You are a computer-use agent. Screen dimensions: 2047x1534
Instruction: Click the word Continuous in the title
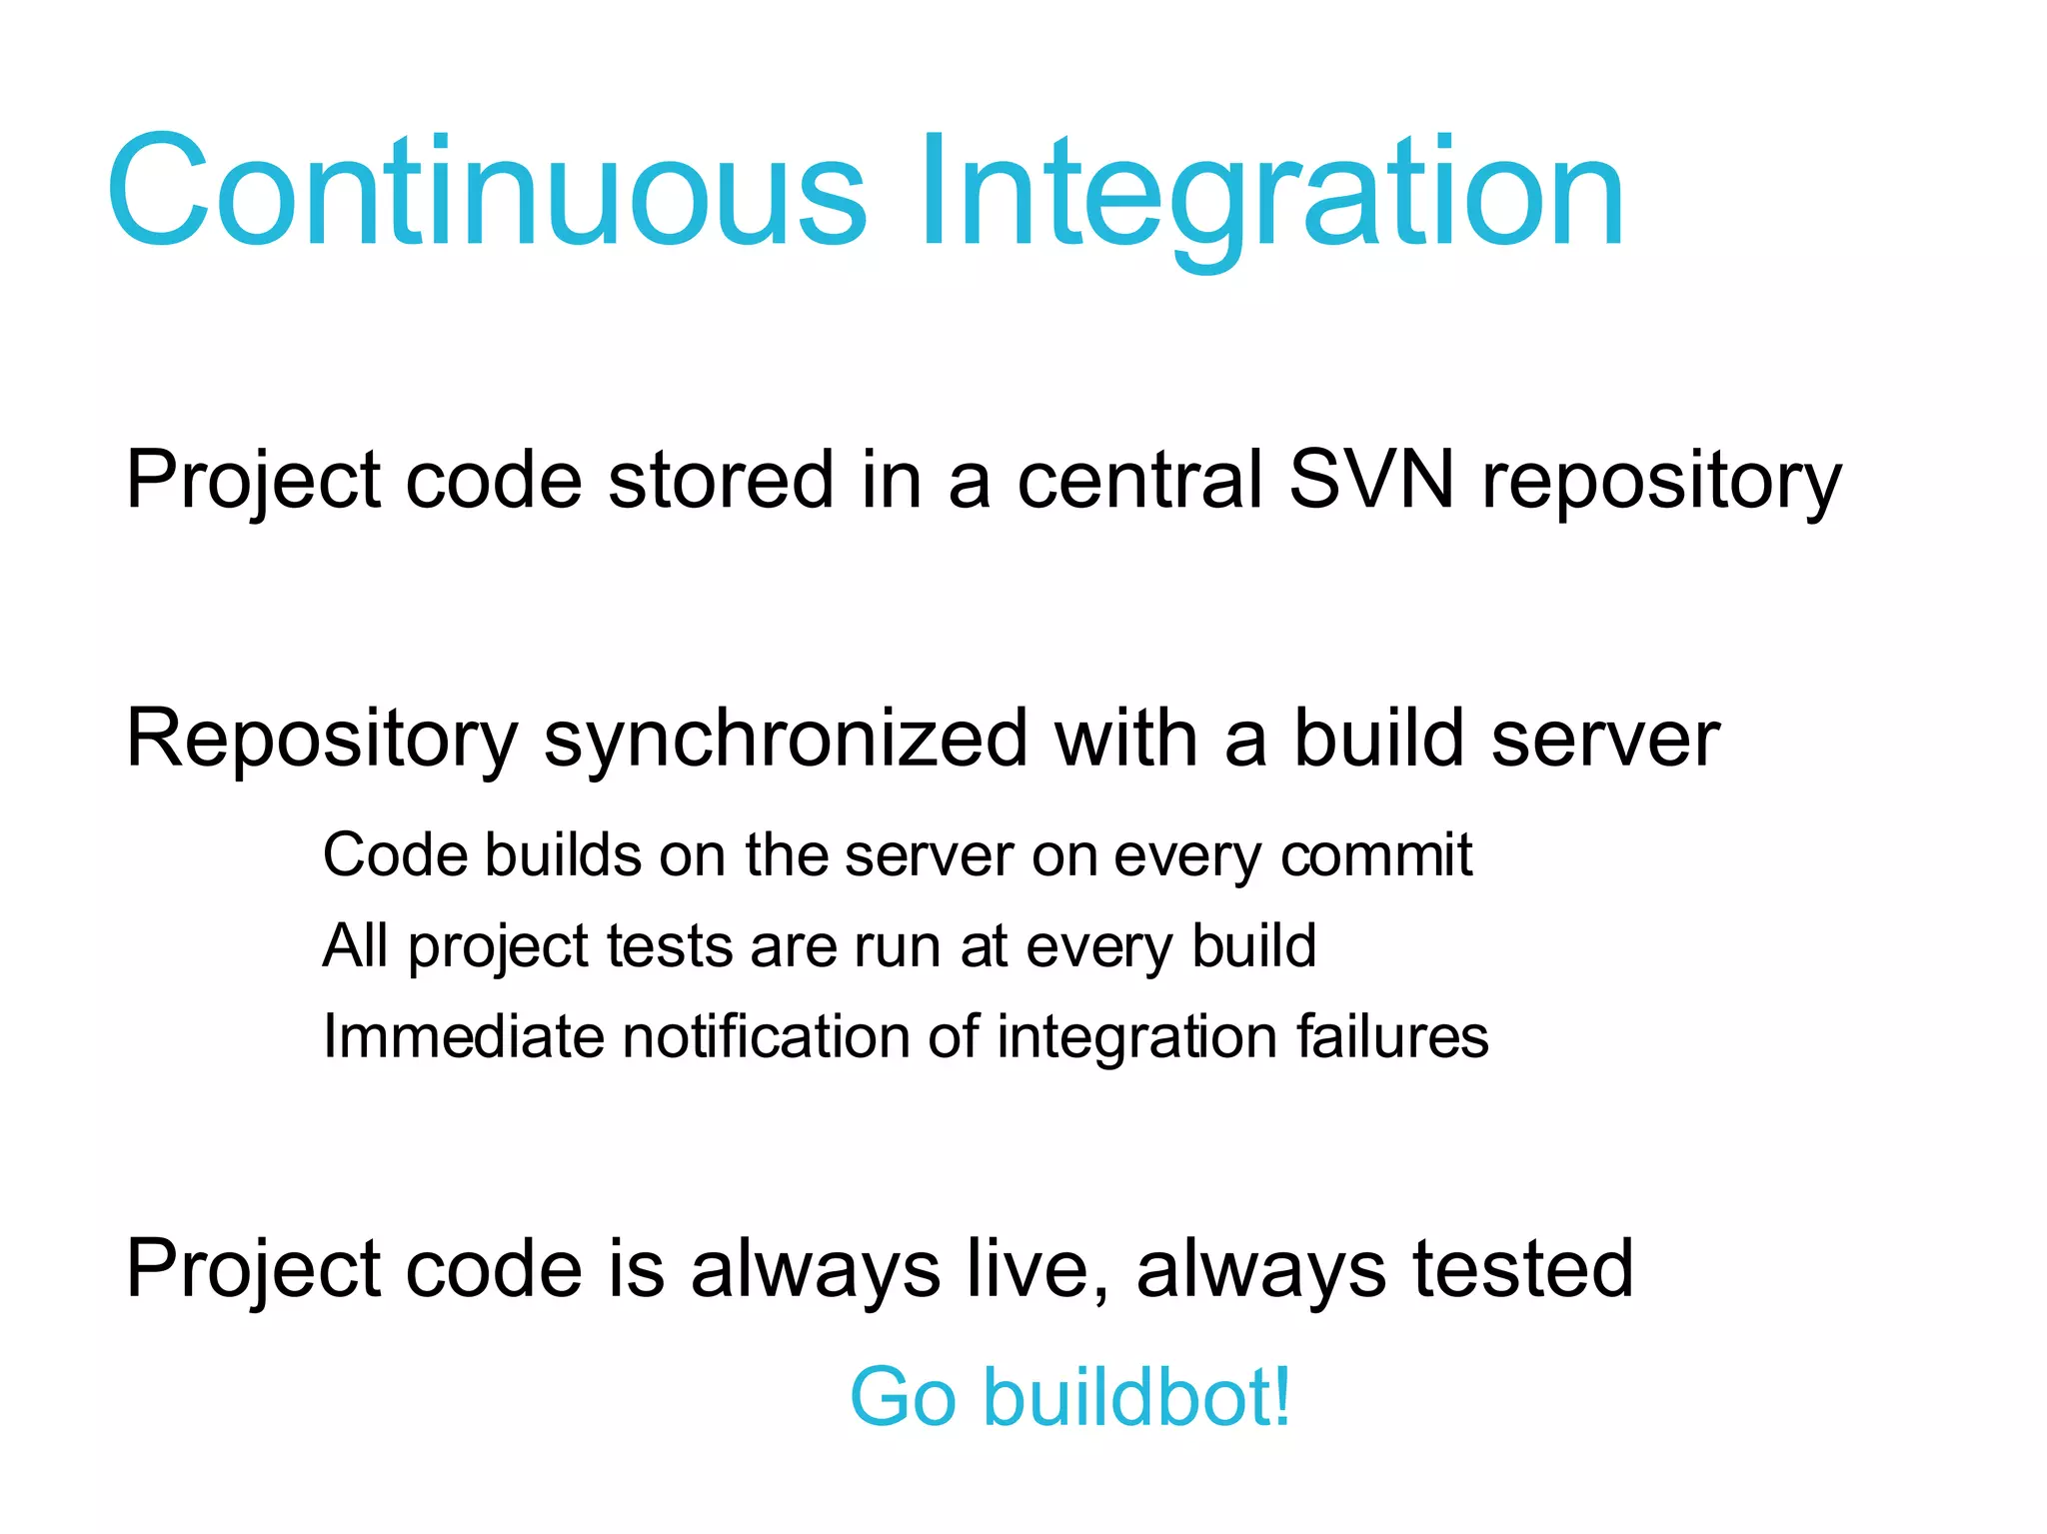click(487, 191)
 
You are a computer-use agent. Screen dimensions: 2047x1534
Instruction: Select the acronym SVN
click(1371, 480)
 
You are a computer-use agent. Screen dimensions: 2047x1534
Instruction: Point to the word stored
click(721, 480)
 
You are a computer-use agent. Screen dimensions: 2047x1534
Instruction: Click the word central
click(1139, 480)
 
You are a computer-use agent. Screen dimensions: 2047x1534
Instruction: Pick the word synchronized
click(786, 741)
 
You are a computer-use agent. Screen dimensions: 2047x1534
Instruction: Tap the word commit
click(1376, 855)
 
